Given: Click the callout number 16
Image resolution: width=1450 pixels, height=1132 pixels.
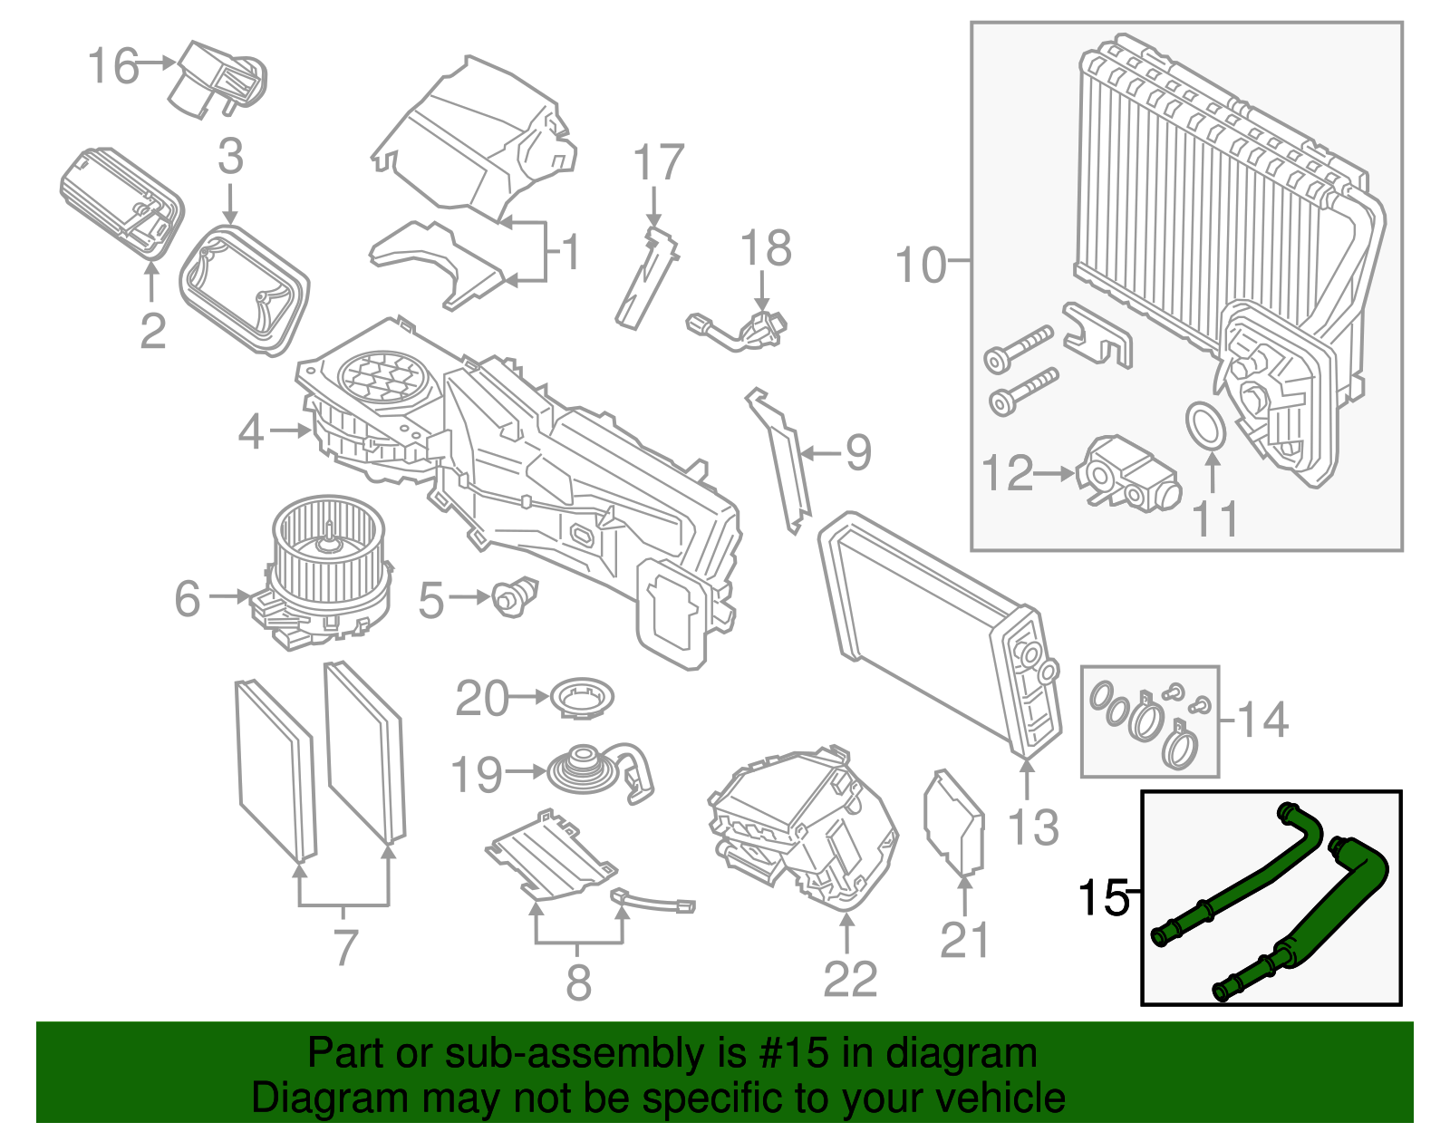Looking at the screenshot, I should click(x=113, y=66).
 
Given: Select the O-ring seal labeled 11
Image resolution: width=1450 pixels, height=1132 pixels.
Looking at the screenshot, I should click(x=1205, y=426).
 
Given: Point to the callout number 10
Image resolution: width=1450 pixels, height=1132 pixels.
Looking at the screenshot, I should click(x=920, y=265).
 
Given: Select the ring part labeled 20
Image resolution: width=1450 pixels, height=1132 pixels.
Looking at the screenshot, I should click(x=582, y=699).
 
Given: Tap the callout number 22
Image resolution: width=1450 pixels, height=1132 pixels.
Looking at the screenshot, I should click(x=850, y=979).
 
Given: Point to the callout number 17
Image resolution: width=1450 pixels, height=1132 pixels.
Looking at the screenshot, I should click(x=658, y=163).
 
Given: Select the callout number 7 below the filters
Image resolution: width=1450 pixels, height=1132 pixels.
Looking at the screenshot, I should click(x=345, y=948).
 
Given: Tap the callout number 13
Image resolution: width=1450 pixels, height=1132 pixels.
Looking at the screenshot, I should click(x=1033, y=827).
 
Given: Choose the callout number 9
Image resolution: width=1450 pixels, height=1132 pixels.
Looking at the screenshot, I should click(x=857, y=452).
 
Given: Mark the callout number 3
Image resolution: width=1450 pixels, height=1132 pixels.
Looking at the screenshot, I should click(x=230, y=157).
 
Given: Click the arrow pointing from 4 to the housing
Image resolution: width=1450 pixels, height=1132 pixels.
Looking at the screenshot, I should click(x=290, y=431).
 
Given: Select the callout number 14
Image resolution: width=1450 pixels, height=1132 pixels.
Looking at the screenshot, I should click(x=1262, y=721).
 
